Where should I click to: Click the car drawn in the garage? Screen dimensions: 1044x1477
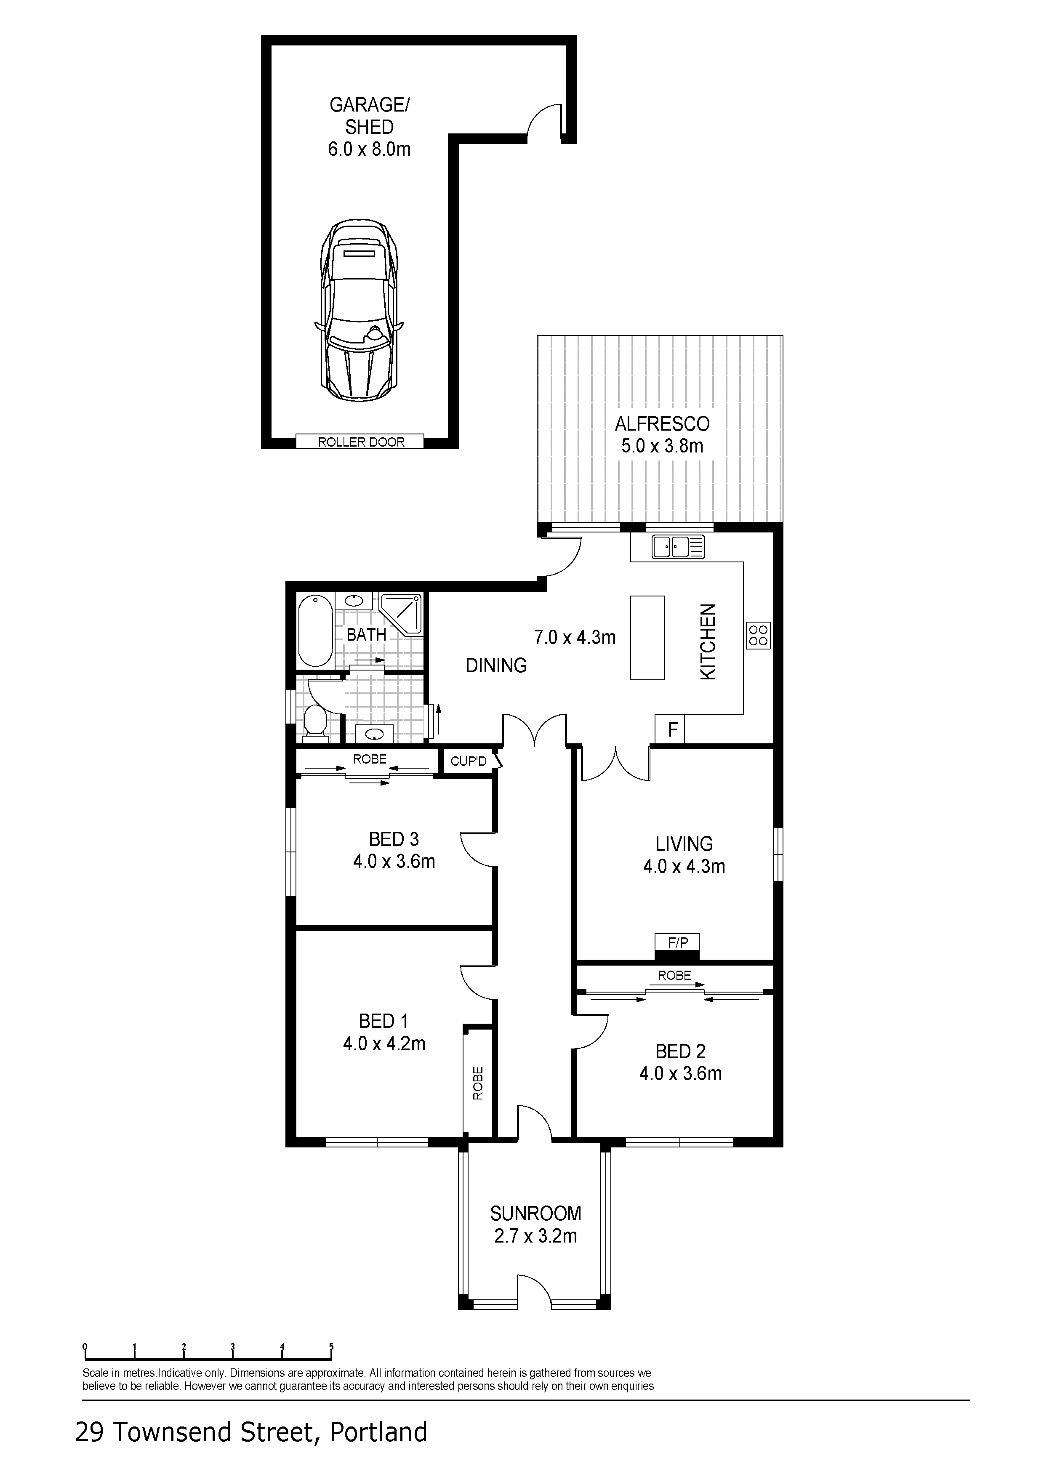(x=359, y=310)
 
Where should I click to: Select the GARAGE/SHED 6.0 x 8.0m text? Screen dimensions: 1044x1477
(x=369, y=127)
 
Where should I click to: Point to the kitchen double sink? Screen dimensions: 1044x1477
(x=679, y=547)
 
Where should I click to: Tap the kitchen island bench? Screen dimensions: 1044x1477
(x=647, y=638)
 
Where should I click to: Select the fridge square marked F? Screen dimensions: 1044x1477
(x=670, y=729)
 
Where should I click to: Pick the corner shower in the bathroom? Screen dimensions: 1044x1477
(x=401, y=615)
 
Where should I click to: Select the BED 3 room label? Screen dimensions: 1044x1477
(x=394, y=839)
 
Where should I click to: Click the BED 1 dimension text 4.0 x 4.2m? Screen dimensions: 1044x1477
(x=384, y=1043)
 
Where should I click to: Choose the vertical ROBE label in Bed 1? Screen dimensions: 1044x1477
(x=478, y=1083)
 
